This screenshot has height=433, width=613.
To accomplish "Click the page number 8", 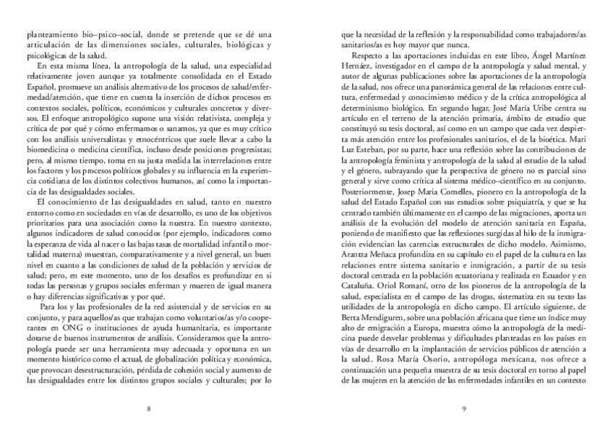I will pos(148,409).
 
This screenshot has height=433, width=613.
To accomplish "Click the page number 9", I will pos(463,409).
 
